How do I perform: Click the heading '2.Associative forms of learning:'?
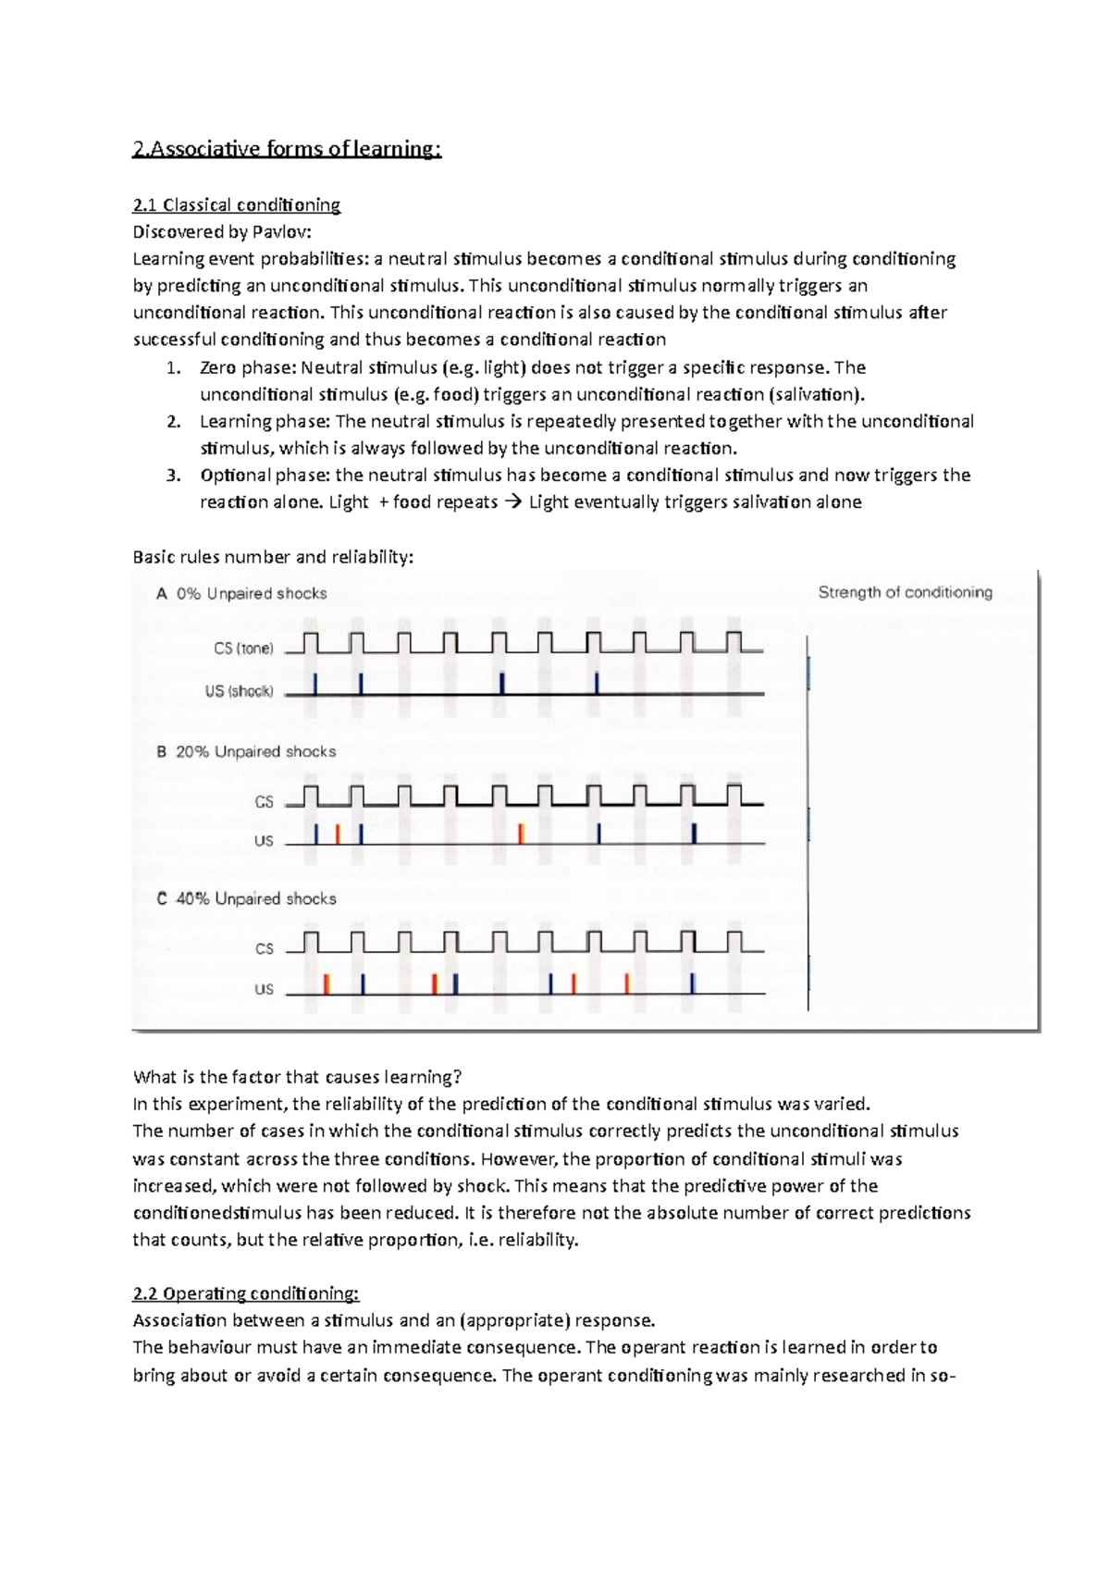click(x=287, y=149)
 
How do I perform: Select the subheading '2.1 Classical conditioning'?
click(x=237, y=204)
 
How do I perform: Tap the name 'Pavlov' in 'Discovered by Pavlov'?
click(x=281, y=231)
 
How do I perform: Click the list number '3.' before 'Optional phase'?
click(x=173, y=475)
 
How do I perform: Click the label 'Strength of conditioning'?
click(x=905, y=592)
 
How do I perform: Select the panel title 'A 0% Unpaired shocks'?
click(x=241, y=594)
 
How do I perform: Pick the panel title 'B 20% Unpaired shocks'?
click(x=246, y=751)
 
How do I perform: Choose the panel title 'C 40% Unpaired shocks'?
click(x=246, y=898)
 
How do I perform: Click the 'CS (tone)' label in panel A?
click(x=243, y=649)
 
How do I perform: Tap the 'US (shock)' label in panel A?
click(x=239, y=691)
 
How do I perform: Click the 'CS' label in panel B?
click(x=264, y=802)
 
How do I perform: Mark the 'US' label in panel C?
click(x=264, y=989)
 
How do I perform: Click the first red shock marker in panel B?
click(x=338, y=834)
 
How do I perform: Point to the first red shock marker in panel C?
click(x=327, y=983)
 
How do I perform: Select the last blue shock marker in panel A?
click(x=597, y=684)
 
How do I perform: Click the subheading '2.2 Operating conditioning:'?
click(x=245, y=1293)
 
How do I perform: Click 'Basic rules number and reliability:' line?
click(x=273, y=557)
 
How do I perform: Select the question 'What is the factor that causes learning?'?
click(x=297, y=1077)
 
